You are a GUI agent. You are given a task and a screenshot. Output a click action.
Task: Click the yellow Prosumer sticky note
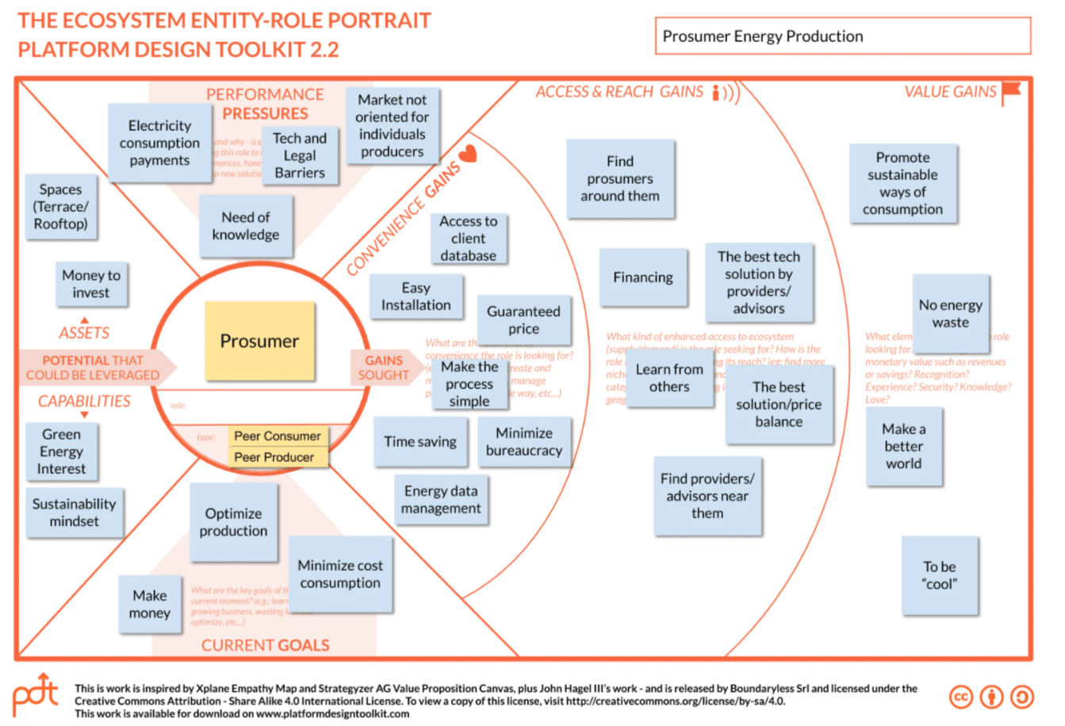tap(259, 341)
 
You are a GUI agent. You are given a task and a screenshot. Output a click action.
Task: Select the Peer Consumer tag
tap(277, 436)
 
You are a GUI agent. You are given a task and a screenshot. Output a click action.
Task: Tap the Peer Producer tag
tap(274, 457)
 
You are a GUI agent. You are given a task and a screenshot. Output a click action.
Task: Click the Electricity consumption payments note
tap(159, 143)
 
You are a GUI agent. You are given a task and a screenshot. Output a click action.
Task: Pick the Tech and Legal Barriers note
tap(300, 155)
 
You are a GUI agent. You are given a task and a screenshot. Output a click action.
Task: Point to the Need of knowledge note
tap(246, 226)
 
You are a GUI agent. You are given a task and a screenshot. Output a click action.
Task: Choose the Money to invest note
tap(91, 284)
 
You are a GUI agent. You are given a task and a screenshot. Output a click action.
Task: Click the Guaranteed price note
tap(523, 319)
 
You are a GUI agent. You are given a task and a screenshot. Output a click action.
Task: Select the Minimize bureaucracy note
tap(524, 441)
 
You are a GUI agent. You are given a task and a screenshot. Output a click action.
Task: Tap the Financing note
tap(643, 277)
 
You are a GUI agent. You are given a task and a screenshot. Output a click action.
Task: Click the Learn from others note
tap(669, 378)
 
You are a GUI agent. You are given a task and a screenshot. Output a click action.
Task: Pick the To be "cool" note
tap(940, 575)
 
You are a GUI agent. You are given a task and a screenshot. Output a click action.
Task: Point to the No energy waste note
tap(951, 313)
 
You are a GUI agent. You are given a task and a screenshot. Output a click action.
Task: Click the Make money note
tap(150, 604)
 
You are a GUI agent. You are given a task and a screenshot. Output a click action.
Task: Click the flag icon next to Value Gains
tap(1011, 93)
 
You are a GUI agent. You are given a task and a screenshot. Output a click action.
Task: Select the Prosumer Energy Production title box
tap(843, 36)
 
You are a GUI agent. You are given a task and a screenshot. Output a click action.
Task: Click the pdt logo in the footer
tap(36, 695)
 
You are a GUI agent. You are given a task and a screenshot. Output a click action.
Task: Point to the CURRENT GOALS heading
tap(266, 645)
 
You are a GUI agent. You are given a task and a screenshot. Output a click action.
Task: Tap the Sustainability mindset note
tap(75, 512)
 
